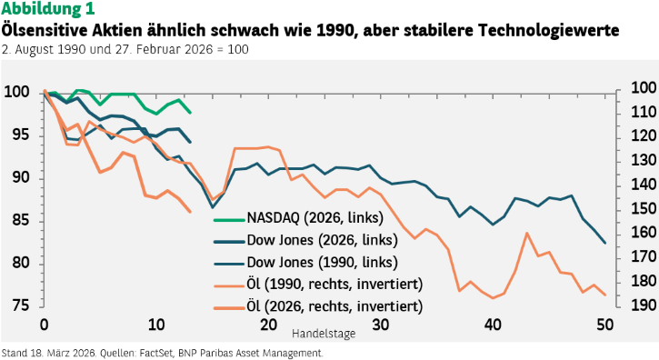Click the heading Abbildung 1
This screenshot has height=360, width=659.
pos(48,8)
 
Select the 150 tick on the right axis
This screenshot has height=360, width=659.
pos(644,208)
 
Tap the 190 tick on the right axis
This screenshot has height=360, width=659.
pos(644,305)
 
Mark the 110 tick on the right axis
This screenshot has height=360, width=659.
pos(644,113)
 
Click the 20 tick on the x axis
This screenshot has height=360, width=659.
pos(268,325)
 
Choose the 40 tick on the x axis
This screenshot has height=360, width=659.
pos(493,325)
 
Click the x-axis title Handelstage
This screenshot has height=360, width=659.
pos(324,334)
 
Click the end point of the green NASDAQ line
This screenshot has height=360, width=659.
pos(190,113)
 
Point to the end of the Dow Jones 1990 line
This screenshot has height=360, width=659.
pos(604,243)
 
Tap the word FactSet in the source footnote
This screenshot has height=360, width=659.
pos(156,354)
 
